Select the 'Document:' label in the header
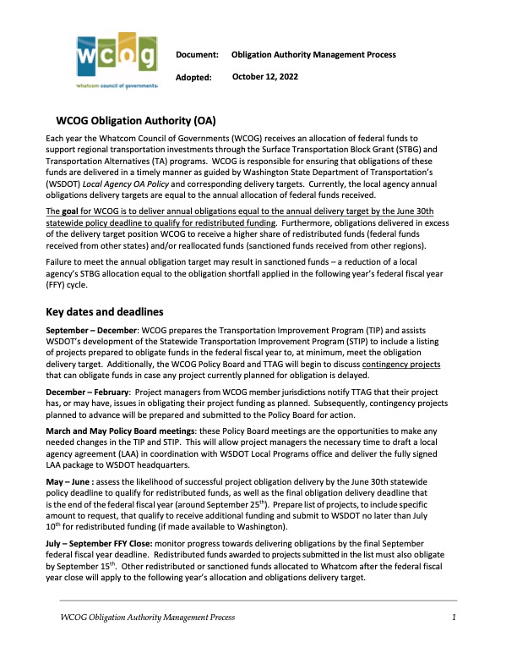point(198,55)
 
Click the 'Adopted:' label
point(194,78)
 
